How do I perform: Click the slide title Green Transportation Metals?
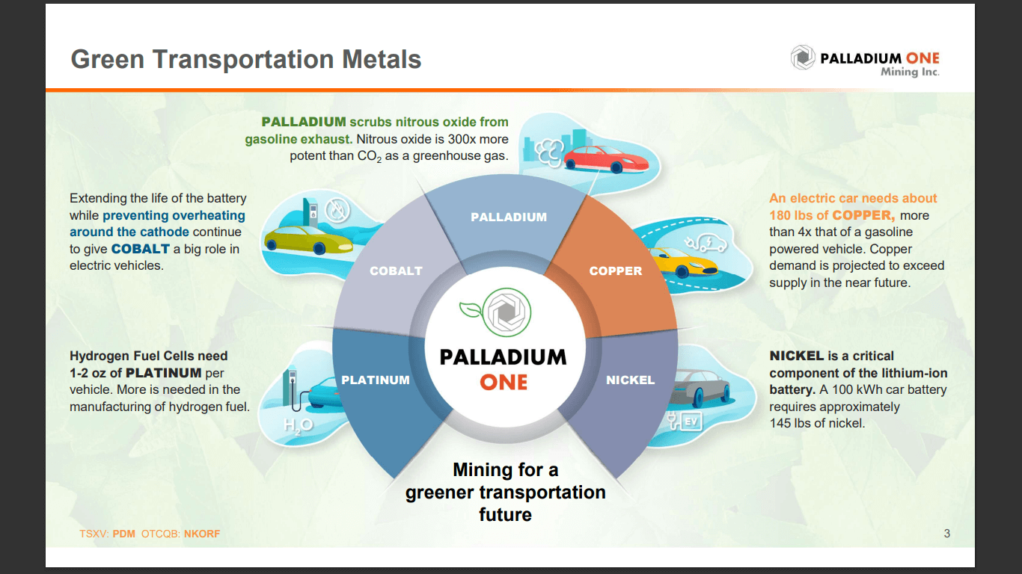tap(245, 60)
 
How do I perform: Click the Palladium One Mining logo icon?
tap(803, 58)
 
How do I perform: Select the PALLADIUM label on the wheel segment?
tap(509, 217)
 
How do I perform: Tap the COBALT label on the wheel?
tap(396, 271)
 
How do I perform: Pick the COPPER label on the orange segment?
tap(616, 271)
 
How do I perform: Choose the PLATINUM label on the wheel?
tap(376, 380)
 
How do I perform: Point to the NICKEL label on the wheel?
tap(630, 380)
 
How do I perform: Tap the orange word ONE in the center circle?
tap(504, 382)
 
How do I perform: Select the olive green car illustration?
tap(307, 239)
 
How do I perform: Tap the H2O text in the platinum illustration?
tap(298, 425)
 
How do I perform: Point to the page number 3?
tap(946, 533)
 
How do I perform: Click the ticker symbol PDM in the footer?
tap(124, 534)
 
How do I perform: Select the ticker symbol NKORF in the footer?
tap(201, 534)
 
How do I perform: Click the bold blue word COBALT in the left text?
tap(141, 248)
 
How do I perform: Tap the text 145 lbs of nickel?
tap(816, 423)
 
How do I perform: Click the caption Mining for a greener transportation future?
tap(505, 492)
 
